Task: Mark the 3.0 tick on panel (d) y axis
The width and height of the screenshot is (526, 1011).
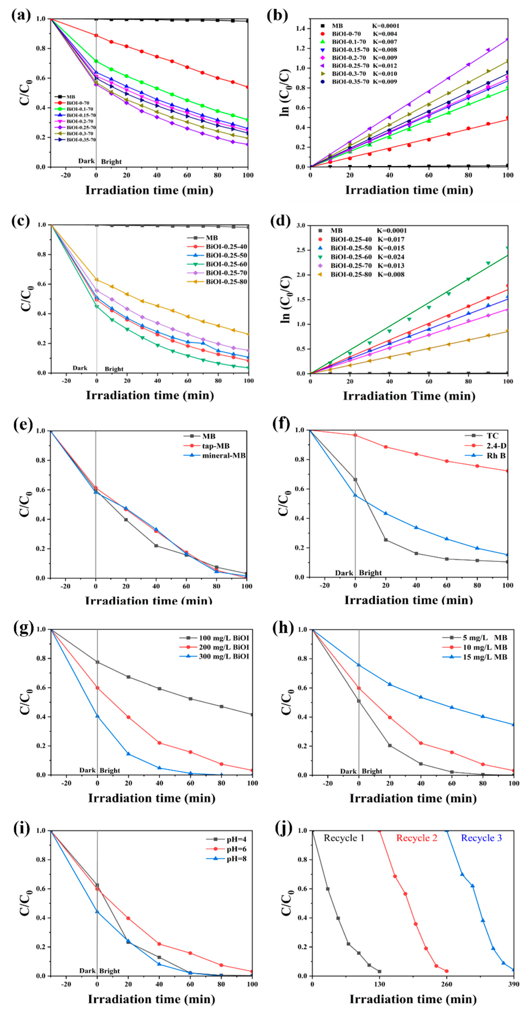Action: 301,226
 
